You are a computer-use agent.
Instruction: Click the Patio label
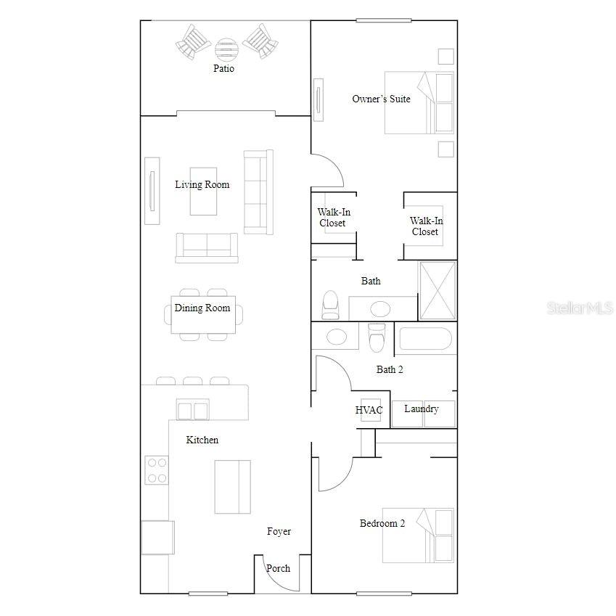pos(223,69)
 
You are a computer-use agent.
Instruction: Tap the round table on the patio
pos(226,49)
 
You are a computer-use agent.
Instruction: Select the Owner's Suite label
pos(381,99)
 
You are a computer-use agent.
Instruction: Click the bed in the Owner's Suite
pos(419,102)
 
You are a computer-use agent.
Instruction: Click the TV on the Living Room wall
pos(152,191)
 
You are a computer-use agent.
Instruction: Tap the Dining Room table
pos(203,315)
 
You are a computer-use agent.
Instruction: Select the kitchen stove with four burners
pos(156,469)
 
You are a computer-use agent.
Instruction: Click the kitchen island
pos(232,486)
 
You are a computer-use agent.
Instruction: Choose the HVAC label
pos(369,411)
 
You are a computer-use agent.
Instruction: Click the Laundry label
pos(422,409)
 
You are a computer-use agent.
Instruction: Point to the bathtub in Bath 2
pos(424,339)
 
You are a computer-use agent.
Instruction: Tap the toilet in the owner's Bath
pos(330,304)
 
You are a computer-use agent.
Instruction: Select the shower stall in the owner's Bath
pos(438,290)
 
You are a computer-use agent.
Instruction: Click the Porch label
pos(279,568)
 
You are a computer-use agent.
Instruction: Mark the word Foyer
pos(279,532)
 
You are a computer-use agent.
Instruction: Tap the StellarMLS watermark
pos(580,308)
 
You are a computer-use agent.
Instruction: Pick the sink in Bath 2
pos(336,337)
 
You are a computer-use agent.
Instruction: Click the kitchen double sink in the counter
pos(192,410)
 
